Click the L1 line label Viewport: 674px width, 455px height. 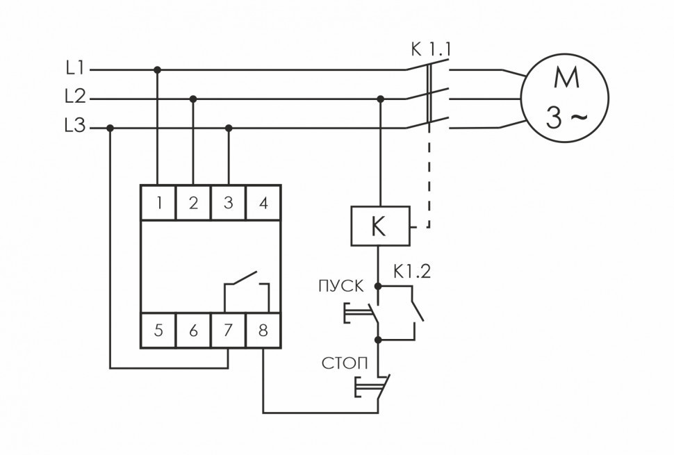(74, 69)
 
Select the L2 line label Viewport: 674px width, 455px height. (74, 98)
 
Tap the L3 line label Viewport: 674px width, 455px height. (74, 127)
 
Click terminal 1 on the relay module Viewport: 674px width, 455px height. (159, 203)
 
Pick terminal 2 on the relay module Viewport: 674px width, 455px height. (194, 203)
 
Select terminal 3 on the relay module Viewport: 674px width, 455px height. (229, 203)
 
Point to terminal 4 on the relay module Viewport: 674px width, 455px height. (263, 203)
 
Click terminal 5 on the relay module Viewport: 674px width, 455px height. (159, 331)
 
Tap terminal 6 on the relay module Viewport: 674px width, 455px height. (194, 331)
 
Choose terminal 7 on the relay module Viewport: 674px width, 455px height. (229, 331)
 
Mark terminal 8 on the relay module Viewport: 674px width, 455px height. (263, 331)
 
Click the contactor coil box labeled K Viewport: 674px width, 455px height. (379, 226)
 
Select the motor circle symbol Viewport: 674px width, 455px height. (566, 99)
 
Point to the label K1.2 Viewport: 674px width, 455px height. (412, 272)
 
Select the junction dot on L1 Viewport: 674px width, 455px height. (158, 69)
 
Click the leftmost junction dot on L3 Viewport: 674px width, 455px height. (110, 128)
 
